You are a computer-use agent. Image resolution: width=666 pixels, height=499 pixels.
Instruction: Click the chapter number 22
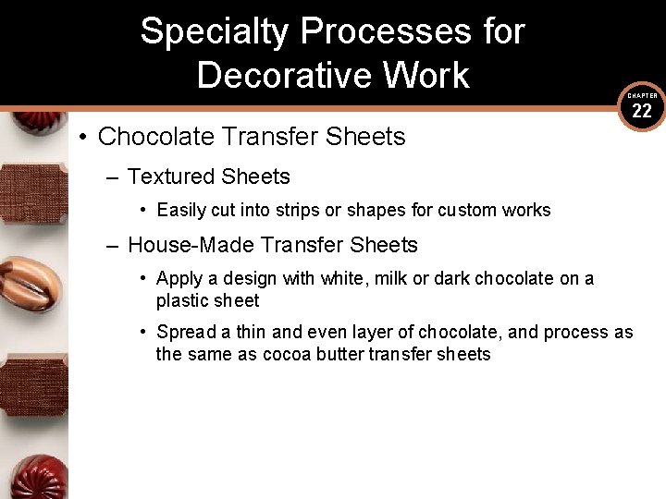tap(642, 112)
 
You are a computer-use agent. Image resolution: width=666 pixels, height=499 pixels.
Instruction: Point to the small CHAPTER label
tap(642, 95)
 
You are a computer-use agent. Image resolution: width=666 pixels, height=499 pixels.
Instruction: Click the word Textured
tap(167, 176)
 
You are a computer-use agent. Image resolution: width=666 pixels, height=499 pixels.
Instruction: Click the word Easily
tap(182, 210)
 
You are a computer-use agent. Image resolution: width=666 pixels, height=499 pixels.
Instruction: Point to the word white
tap(344, 278)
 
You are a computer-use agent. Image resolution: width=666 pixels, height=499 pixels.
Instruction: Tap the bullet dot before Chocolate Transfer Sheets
tap(82, 138)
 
